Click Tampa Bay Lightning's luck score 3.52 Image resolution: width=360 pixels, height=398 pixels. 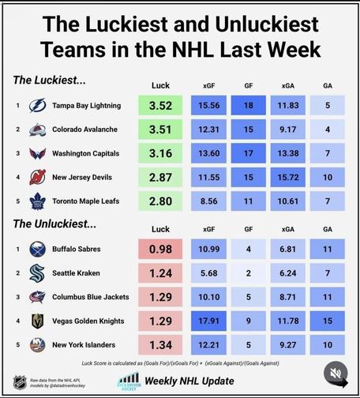(160, 105)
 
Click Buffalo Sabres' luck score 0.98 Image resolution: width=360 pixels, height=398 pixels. (160, 249)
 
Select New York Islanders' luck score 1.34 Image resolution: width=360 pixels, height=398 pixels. (160, 345)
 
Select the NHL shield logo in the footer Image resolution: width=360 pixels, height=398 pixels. (20, 382)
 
